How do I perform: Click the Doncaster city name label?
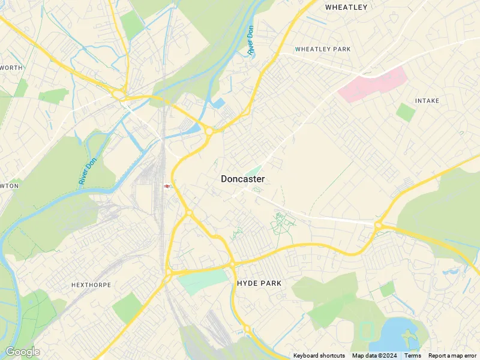(242, 179)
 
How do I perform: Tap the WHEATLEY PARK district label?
(323, 49)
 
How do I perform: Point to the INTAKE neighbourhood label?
(427, 101)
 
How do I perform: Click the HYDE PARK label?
(259, 283)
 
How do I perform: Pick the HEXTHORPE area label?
(91, 285)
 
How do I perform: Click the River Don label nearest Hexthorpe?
(87, 171)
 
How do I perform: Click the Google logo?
(22, 352)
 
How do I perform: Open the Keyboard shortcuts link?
(319, 356)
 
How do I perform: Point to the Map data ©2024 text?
(374, 356)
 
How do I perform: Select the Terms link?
(412, 356)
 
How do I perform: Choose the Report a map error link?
(452, 356)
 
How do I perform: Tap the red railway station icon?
(167, 186)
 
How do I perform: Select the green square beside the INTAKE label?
(406, 112)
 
